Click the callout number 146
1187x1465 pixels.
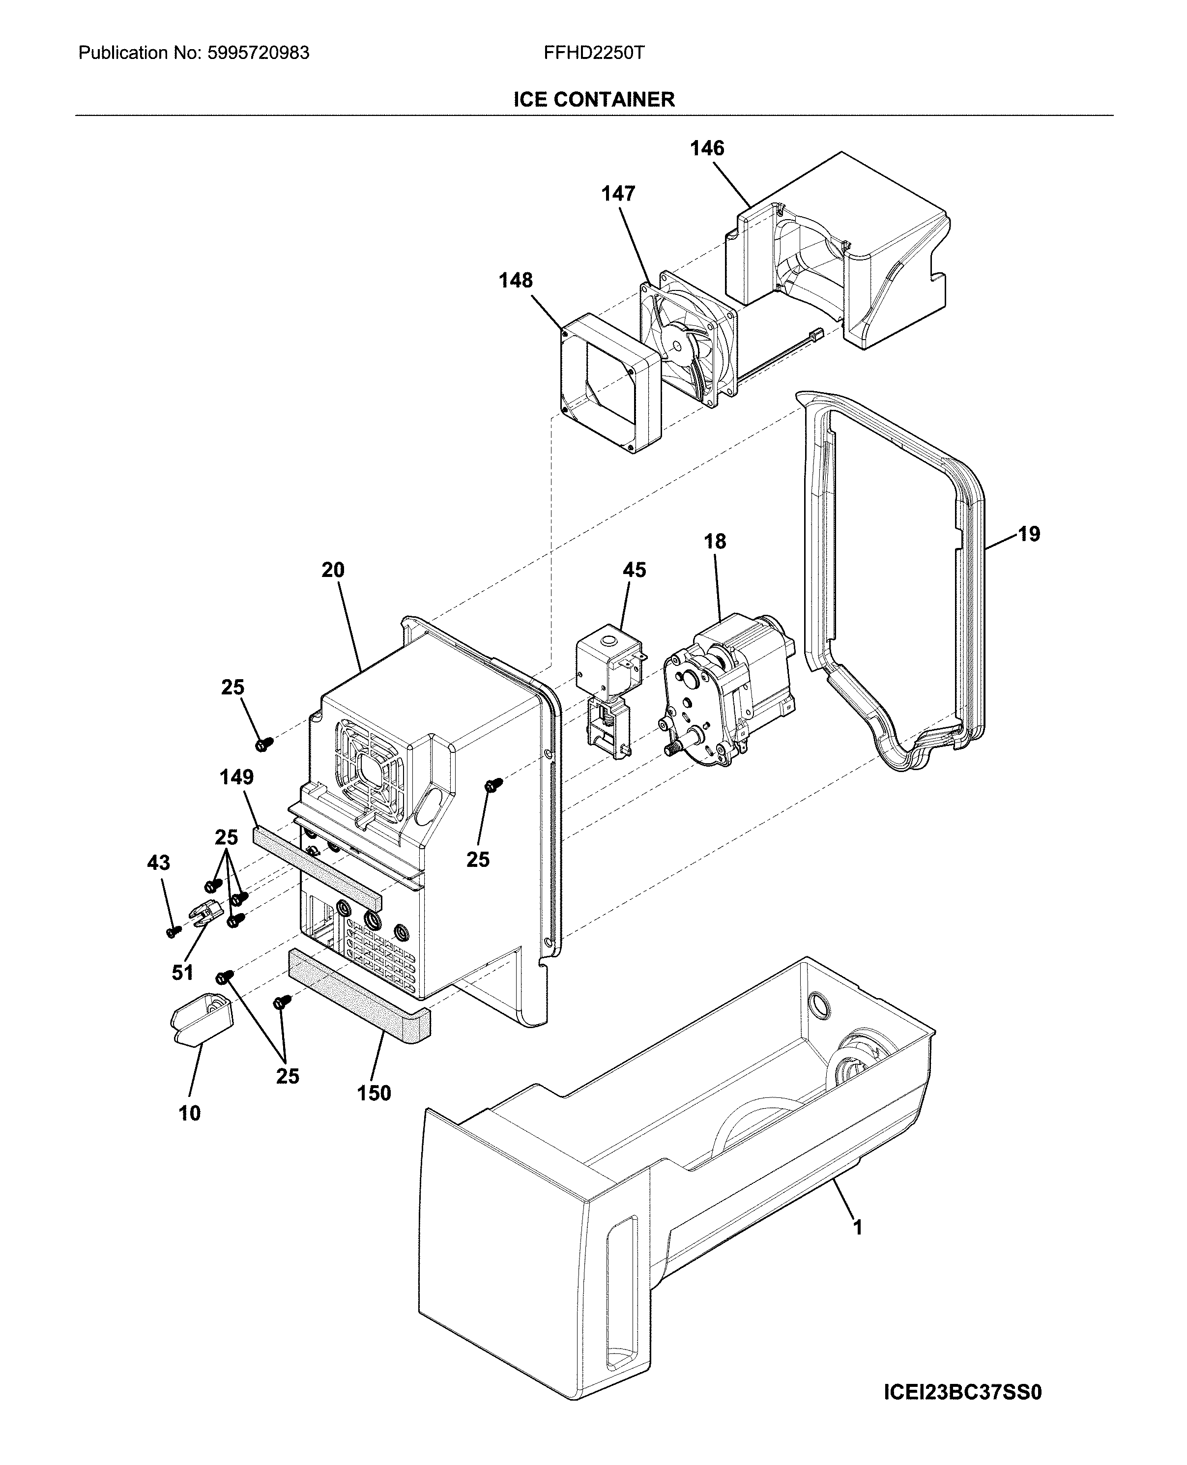pos(706,148)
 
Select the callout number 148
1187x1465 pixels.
pos(515,280)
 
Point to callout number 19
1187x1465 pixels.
pos(1028,534)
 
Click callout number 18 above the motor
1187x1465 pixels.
pos(715,542)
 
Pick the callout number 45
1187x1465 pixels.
pos(634,570)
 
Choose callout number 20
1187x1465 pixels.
pos(333,570)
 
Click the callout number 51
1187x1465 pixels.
pos(182,972)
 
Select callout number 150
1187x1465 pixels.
pos(374,1094)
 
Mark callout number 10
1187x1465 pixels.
pos(189,1114)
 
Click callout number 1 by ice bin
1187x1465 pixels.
pos(857,1247)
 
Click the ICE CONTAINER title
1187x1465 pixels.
pos(594,100)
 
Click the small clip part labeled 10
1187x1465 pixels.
pos(201,1021)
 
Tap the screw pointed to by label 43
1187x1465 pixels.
pos(174,931)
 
